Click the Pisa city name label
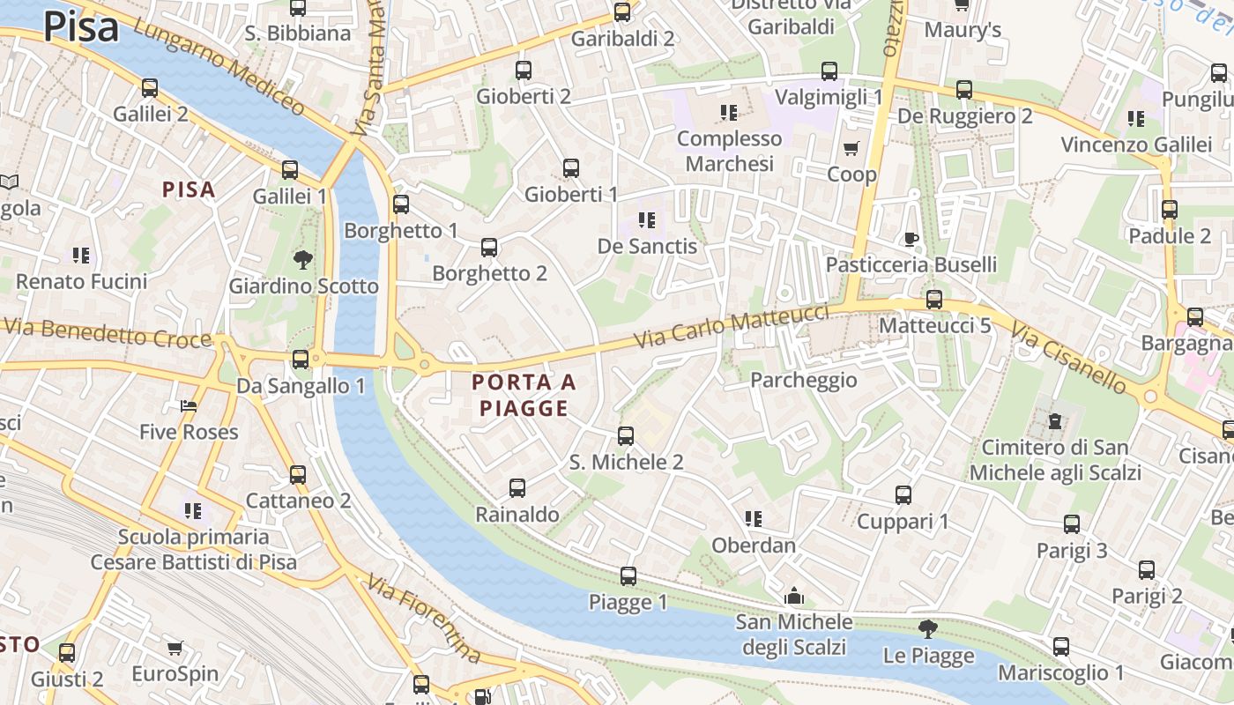pyautogui.click(x=80, y=26)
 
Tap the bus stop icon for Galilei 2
pyautogui.click(x=150, y=88)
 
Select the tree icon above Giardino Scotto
pyautogui.click(x=303, y=259)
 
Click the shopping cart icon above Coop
pyautogui.click(x=851, y=148)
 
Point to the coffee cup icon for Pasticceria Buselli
pyautogui.click(x=911, y=239)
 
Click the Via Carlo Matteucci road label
pyautogui.click(x=732, y=327)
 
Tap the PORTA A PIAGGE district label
pyautogui.click(x=524, y=395)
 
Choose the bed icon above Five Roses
pyautogui.click(x=189, y=406)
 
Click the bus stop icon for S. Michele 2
pyautogui.click(x=626, y=435)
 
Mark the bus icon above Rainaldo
pyautogui.click(x=517, y=488)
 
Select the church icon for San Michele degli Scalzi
pyautogui.click(x=794, y=597)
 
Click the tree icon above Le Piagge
pyautogui.click(x=927, y=629)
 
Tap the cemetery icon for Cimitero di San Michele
pyautogui.click(x=1054, y=421)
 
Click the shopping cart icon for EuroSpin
pyautogui.click(x=175, y=649)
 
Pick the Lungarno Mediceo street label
pyautogui.click(x=220, y=69)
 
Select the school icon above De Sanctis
pyautogui.click(x=647, y=220)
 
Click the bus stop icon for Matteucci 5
pyautogui.click(x=934, y=300)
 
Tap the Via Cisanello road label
pyautogui.click(x=1068, y=357)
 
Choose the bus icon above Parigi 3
pyautogui.click(x=1072, y=524)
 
